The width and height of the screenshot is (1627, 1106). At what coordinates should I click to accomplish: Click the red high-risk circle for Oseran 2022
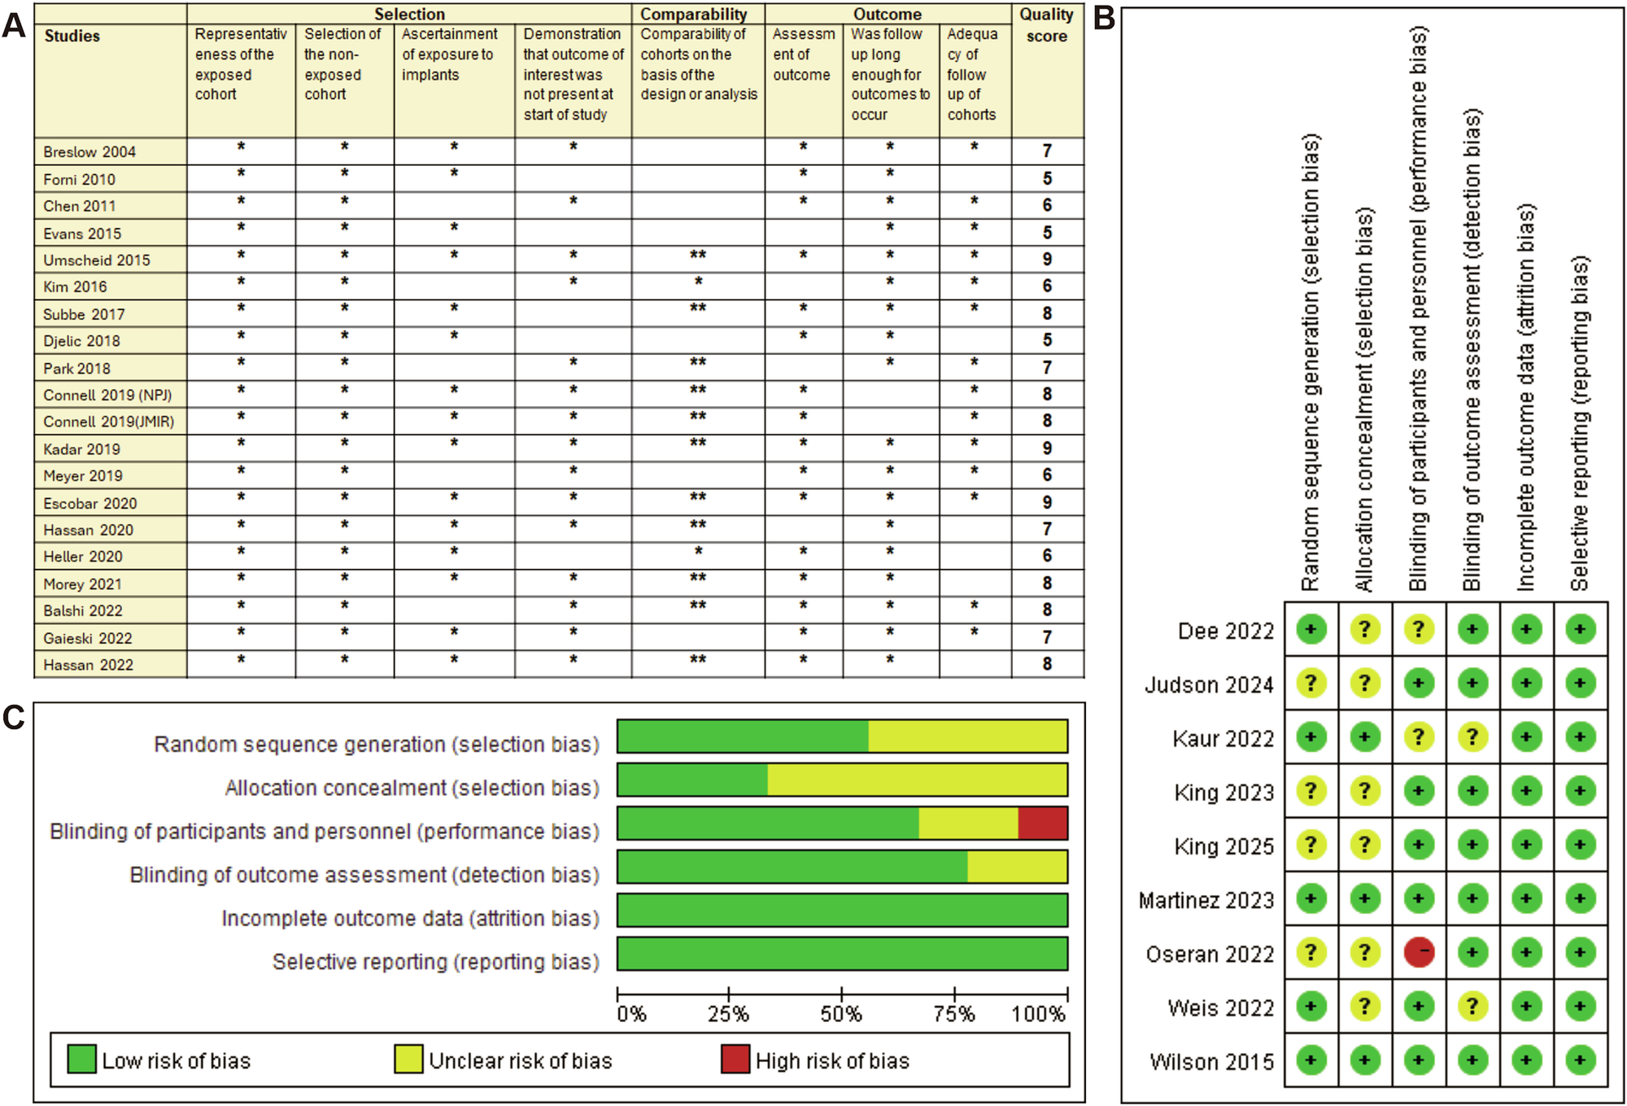click(1419, 952)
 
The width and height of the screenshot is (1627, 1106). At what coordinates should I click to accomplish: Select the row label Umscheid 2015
click(97, 260)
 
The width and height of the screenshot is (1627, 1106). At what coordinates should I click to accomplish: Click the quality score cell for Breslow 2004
click(1047, 151)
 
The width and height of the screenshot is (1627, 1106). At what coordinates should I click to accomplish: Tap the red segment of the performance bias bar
click(1042, 824)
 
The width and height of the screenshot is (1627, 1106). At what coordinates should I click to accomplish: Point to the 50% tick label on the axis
click(840, 1014)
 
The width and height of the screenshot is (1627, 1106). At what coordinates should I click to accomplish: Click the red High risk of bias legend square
click(735, 1060)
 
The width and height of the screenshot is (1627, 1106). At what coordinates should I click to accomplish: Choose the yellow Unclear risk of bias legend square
click(408, 1060)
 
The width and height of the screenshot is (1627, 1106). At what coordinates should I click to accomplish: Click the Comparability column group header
click(693, 14)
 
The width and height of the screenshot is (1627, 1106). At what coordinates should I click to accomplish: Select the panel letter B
click(1104, 18)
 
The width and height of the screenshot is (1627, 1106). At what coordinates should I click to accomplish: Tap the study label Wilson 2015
click(1211, 1062)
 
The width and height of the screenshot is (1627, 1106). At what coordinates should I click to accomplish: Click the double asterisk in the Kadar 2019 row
click(697, 444)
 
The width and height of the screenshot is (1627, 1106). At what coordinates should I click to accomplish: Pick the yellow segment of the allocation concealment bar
click(917, 780)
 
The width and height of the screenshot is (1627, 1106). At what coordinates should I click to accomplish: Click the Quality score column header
click(1047, 25)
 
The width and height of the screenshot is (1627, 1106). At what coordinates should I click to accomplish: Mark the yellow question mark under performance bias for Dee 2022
click(1419, 629)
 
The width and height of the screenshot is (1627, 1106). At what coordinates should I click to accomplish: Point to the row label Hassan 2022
click(88, 665)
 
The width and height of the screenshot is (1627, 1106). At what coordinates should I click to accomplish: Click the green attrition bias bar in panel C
click(842, 910)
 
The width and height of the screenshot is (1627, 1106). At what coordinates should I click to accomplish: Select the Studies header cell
click(72, 36)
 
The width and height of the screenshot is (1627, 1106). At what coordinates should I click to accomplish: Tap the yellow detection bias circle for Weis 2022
click(1472, 1007)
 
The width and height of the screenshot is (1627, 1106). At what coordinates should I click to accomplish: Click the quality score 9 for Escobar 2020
click(1047, 503)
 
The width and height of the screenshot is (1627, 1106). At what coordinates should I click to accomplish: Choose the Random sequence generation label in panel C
click(376, 745)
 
